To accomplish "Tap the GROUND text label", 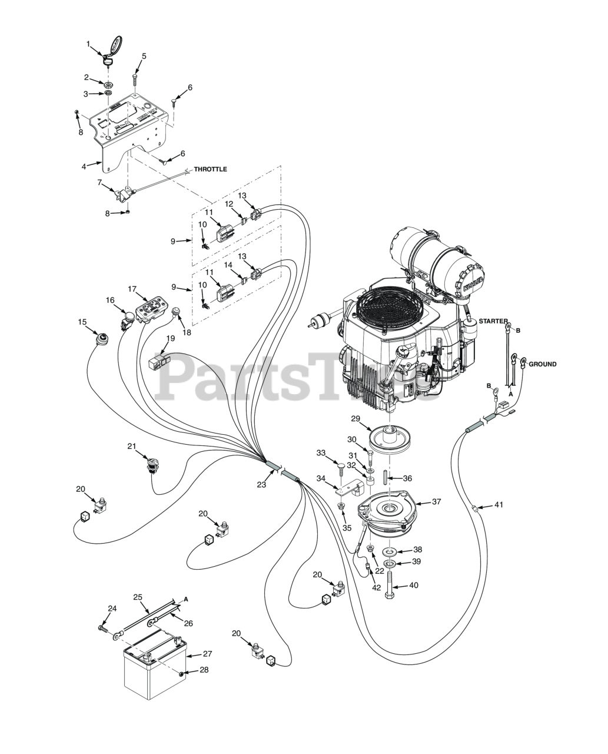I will pyautogui.click(x=542, y=364).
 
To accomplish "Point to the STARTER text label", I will pyautogui.click(x=493, y=321).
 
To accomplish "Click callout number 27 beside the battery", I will pyautogui.click(x=207, y=653).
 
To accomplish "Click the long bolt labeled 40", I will pyautogui.click(x=390, y=587).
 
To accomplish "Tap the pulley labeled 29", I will pyautogui.click(x=388, y=438).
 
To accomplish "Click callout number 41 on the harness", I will pyautogui.click(x=499, y=504).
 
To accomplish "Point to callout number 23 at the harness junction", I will pyautogui.click(x=261, y=484).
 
